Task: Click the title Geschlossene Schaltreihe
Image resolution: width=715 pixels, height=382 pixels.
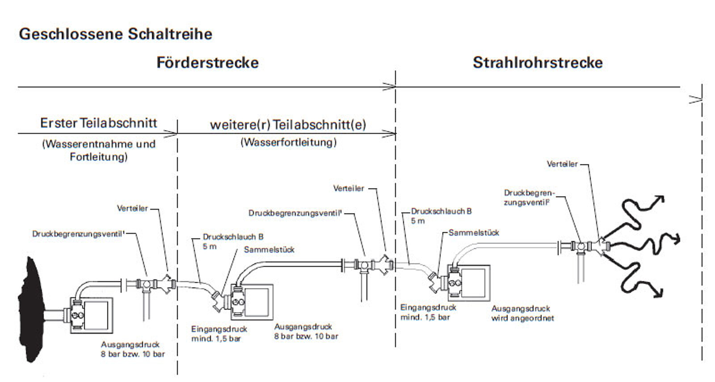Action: (x=115, y=34)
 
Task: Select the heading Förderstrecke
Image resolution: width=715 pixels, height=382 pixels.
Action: (x=207, y=62)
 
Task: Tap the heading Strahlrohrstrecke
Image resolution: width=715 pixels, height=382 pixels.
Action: (x=538, y=62)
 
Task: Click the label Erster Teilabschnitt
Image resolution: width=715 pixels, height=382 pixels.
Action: (x=98, y=123)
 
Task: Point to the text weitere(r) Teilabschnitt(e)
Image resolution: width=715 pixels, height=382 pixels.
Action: (x=288, y=125)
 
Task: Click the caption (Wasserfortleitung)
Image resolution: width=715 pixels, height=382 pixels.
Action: (x=289, y=142)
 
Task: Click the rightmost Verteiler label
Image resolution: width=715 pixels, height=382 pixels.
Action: (x=562, y=164)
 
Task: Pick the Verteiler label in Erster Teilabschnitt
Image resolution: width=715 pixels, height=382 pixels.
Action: (x=132, y=208)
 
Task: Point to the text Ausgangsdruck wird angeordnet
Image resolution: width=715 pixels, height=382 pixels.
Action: (x=522, y=313)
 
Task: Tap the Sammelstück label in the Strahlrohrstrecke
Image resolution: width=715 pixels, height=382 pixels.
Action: (x=474, y=233)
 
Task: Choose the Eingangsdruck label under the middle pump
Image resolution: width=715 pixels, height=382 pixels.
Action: (x=219, y=334)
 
